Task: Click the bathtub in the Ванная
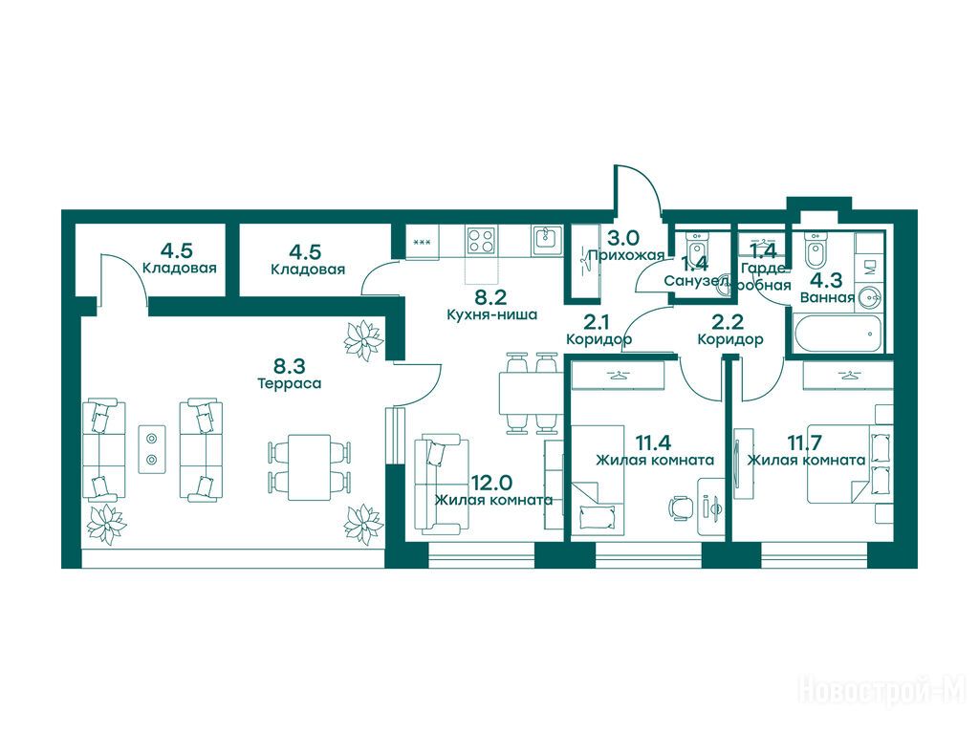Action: click(838, 334)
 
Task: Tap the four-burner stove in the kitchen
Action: click(482, 240)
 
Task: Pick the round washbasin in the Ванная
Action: click(870, 296)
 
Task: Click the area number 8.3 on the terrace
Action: click(289, 364)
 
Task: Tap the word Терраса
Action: click(289, 383)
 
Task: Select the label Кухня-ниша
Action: click(492, 314)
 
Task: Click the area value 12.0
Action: click(492, 482)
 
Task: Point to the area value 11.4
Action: click(654, 443)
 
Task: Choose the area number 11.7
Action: click(804, 443)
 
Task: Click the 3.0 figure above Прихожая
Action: click(623, 238)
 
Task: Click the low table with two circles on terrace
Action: click(152, 449)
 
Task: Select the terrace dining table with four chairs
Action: click(309, 466)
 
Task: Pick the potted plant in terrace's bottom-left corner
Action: click(106, 523)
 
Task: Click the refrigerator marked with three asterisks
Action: click(422, 242)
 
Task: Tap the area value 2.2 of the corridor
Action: click(728, 322)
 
